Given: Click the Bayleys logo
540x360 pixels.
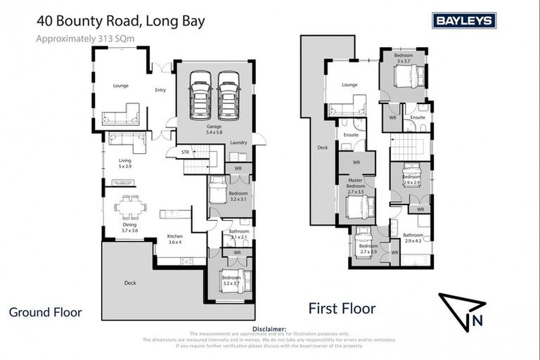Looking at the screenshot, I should coord(463,20).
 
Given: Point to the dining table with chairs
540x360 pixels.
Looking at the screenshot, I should coord(130,207).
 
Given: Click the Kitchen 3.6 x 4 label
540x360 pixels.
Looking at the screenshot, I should coord(175,240).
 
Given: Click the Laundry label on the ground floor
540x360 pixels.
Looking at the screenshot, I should coord(238,143).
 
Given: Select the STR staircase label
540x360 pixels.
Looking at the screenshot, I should coord(185,151).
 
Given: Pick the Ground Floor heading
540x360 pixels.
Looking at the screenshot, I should coord(46,311).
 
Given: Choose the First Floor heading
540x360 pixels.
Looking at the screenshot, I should coord(342,308).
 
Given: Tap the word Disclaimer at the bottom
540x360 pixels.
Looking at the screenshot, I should coord(269,328).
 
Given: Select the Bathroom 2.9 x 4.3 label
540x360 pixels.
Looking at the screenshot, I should coord(413,238).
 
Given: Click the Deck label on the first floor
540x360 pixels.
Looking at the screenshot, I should coord(323,148).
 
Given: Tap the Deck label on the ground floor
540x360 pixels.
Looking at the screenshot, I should coord(130,283).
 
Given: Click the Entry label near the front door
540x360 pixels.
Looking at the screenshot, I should coord(160,89).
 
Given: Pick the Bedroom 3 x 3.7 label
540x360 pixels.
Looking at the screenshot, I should coord(404,58).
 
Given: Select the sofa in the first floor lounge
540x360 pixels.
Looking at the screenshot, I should coord(347,109).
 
